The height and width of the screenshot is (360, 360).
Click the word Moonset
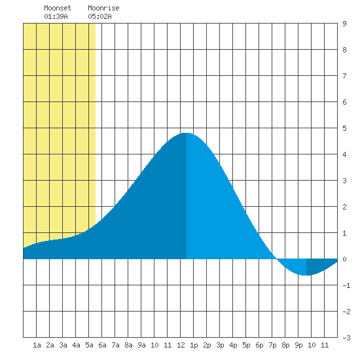coord(58,8)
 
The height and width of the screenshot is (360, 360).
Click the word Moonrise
coord(103,8)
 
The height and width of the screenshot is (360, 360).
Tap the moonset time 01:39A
coord(56,16)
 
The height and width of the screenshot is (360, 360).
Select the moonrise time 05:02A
coord(99,16)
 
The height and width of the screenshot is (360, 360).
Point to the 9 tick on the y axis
coord(344,24)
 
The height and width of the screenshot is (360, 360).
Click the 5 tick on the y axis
coord(344,128)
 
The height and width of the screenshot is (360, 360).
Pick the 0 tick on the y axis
coord(344,259)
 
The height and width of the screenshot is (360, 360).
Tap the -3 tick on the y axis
coord(346,338)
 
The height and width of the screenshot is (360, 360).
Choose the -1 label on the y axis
coord(346,285)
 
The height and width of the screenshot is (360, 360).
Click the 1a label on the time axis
coord(37,345)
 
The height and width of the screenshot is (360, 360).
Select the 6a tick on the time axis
coord(102,345)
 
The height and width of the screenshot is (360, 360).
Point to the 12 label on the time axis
coord(181,345)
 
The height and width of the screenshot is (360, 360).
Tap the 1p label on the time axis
coord(194,345)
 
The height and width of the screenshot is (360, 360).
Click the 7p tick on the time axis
coord(272,345)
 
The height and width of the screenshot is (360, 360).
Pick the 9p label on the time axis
coord(298,345)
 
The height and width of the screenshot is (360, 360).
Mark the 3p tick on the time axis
coord(220,345)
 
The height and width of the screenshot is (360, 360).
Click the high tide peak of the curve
coord(187,133)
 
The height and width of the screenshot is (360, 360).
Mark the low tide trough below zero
coord(306,275)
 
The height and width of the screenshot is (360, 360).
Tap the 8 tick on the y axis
coord(344,50)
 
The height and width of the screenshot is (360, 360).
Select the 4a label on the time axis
coord(76,345)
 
